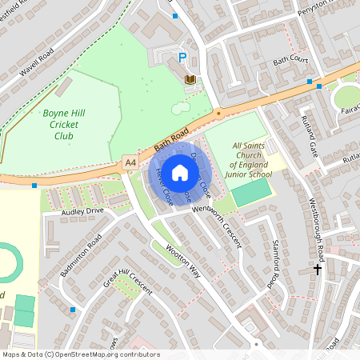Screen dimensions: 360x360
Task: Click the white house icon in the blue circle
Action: click(180, 171)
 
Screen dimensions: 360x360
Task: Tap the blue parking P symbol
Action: click(182, 58)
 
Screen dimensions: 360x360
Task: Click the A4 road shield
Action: click(130, 160)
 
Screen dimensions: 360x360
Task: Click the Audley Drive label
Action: click(83, 211)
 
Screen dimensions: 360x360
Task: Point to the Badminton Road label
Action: click(82, 255)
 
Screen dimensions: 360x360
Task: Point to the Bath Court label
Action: click(290, 60)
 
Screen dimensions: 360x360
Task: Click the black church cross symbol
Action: click(318, 270)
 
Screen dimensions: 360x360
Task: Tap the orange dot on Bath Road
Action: click(218, 114)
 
